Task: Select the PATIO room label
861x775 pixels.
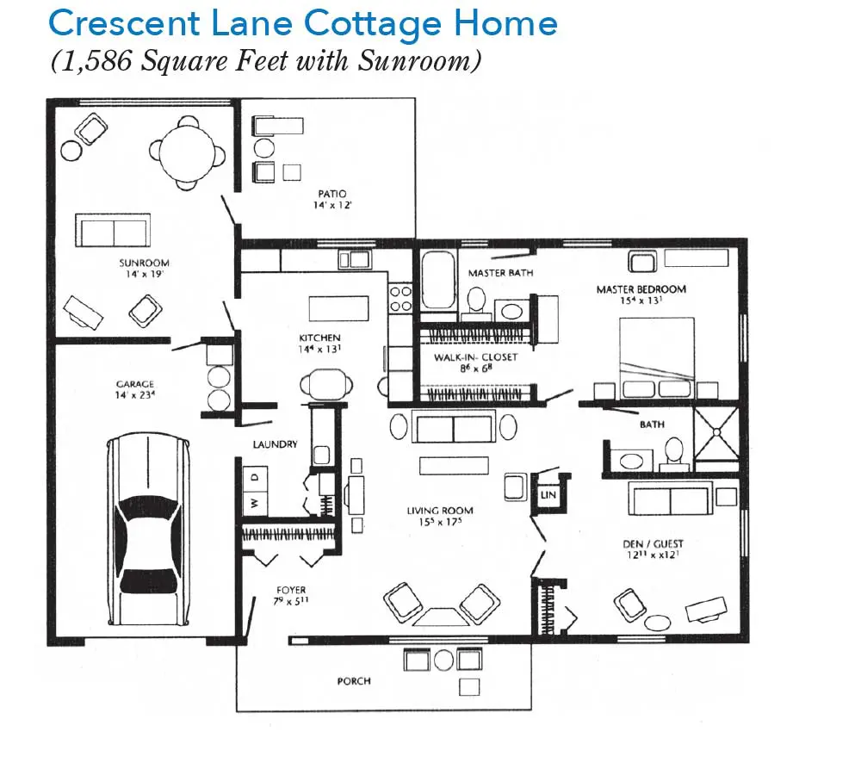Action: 332,194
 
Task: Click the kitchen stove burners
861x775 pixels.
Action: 400,298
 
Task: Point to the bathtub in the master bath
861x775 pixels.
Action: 439,281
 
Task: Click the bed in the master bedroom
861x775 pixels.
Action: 657,358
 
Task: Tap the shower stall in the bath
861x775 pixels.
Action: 716,433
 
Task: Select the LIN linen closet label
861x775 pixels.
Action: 548,495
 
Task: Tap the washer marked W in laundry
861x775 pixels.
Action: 255,503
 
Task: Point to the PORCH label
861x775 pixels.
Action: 354,681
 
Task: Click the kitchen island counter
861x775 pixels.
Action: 338,308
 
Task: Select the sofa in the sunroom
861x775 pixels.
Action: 113,231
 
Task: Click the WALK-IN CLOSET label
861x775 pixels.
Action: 475,357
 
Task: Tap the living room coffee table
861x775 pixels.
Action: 454,466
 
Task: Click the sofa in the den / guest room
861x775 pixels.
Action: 671,499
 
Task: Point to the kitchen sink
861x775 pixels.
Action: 355,259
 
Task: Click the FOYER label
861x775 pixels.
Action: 291,590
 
